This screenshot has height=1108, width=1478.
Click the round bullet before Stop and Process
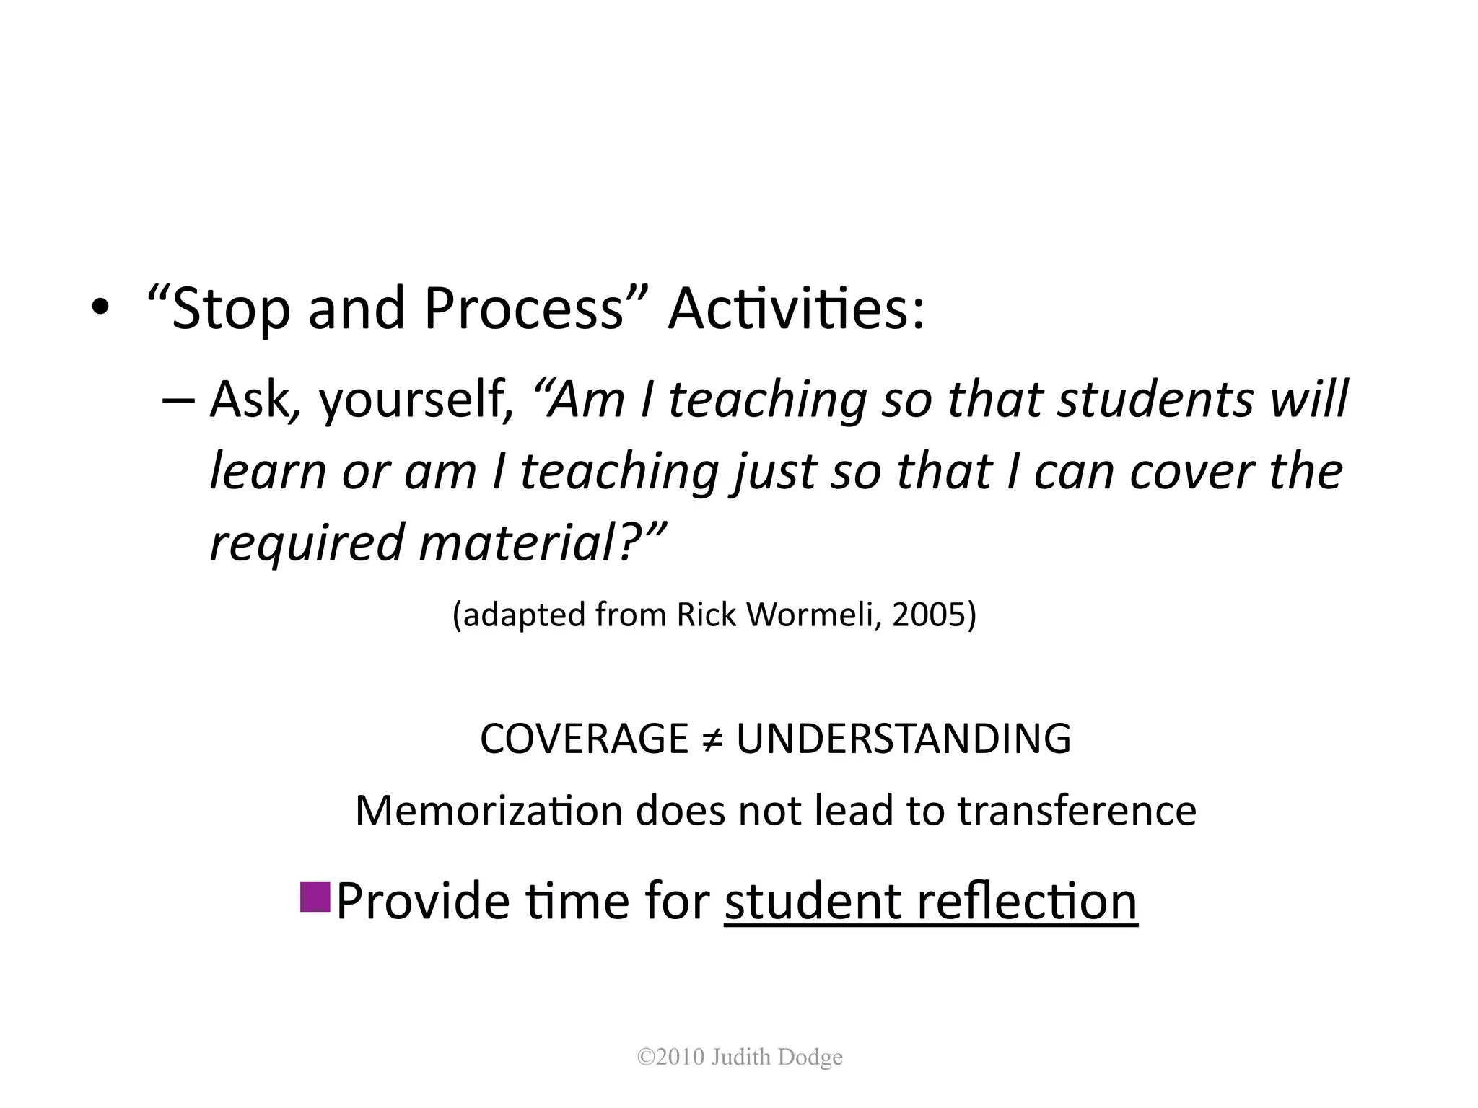[x=100, y=309]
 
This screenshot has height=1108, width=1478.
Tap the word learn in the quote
[x=268, y=472]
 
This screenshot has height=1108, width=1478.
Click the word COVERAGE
[x=584, y=739]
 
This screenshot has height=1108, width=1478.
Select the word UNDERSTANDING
[x=903, y=739]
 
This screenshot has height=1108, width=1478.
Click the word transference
[x=1077, y=810]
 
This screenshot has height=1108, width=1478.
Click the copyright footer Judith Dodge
[x=740, y=1058]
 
